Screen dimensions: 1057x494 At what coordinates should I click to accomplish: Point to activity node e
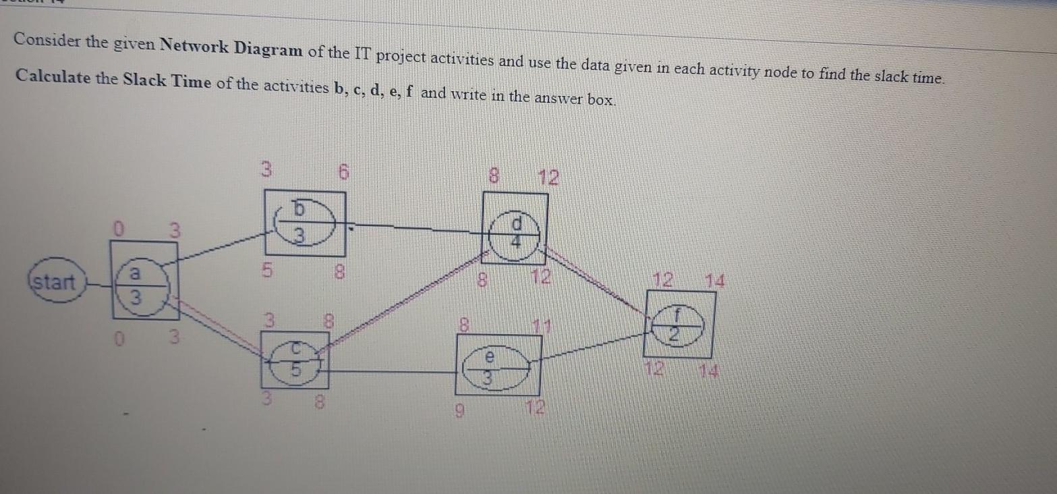coord(498,364)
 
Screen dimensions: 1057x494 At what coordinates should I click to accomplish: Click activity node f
coord(679,324)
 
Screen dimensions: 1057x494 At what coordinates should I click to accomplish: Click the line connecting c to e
coord(391,371)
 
